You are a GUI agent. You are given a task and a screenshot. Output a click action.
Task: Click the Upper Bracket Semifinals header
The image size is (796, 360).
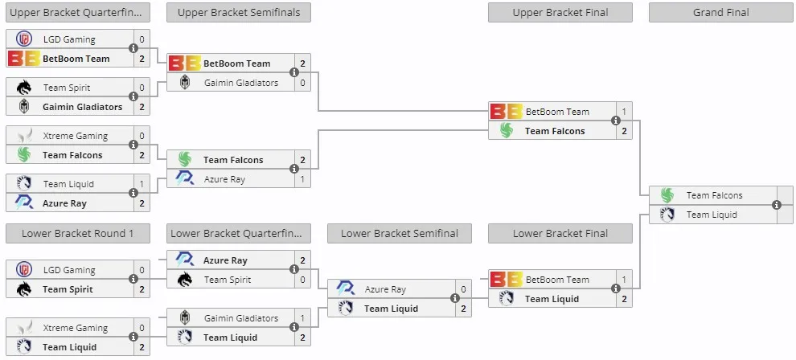coord(239,13)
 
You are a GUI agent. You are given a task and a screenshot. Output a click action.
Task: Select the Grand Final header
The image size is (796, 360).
coord(721,13)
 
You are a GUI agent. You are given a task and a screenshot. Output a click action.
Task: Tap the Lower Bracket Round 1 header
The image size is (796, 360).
coord(78,234)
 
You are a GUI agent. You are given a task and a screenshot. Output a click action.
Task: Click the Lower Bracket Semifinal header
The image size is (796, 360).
coord(400,234)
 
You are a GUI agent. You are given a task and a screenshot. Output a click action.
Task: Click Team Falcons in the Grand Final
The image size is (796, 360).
coord(714,195)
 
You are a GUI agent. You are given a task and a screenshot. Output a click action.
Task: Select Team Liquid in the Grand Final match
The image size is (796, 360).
coord(712,215)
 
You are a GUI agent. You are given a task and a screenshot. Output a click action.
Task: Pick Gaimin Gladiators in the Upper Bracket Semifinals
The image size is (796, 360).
coord(241,83)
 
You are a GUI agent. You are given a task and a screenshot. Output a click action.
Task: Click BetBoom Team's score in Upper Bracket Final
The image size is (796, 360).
coord(624,112)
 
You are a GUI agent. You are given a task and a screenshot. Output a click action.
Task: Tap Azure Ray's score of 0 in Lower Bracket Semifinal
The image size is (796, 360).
coord(463,289)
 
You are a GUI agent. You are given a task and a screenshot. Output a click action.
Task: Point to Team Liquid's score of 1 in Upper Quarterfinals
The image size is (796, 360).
coord(142,184)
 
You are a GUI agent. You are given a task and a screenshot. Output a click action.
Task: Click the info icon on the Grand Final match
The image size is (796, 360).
coord(776,205)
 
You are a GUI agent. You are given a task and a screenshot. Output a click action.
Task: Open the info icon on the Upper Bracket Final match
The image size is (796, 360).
coord(616,121)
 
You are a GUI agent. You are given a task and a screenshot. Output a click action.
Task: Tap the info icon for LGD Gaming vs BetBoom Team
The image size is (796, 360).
coord(133,48)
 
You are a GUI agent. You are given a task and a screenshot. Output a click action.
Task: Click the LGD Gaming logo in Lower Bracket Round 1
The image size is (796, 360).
coord(24,270)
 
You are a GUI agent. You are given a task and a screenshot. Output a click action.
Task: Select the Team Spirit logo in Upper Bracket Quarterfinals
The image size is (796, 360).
coord(24,88)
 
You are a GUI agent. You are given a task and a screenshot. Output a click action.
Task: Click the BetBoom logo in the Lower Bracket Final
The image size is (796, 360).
coord(506,280)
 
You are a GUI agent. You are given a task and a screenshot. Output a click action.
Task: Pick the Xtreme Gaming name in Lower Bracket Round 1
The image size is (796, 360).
coord(75,328)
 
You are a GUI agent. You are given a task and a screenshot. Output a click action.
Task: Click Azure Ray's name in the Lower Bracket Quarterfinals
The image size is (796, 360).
coord(225,260)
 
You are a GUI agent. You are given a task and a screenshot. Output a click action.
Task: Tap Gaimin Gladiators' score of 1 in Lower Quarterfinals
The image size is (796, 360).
coord(302,318)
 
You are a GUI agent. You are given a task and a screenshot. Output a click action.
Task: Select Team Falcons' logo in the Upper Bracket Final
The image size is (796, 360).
coord(506,131)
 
